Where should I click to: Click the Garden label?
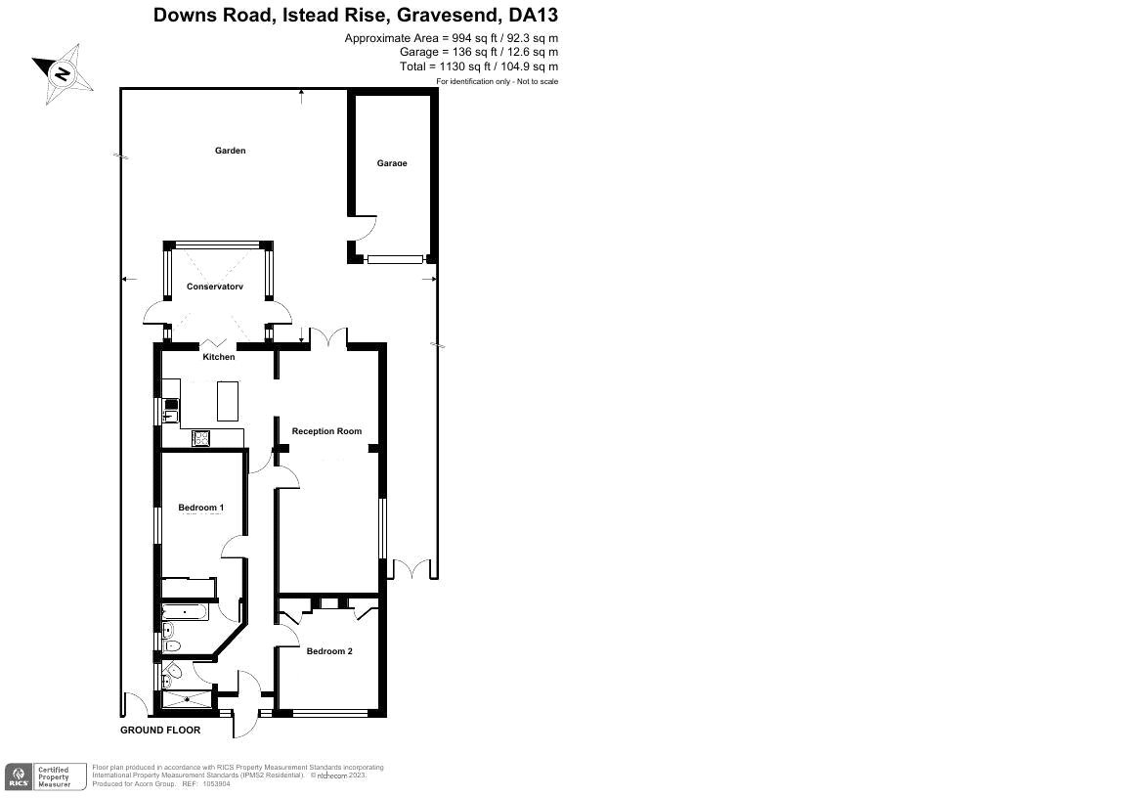pos(230,151)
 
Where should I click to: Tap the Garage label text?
pos(391,163)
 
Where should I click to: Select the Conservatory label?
pos(214,287)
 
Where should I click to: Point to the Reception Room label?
pos(326,431)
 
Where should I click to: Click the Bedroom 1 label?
pos(201,508)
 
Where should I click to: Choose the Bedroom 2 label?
pos(329,651)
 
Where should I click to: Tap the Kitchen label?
pos(219,357)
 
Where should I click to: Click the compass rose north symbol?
pos(64,74)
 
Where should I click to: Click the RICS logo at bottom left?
pos(18,776)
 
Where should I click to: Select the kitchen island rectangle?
pos(227,399)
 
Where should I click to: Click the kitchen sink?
pos(170,410)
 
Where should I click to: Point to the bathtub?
pos(184,612)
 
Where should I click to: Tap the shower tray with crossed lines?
pos(186,698)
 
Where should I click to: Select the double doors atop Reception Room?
pos(328,337)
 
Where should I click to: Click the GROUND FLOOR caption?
pos(160,731)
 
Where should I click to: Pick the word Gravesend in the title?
pos(450,16)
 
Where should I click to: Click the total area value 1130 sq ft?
pos(455,66)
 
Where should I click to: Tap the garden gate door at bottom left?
pos(133,703)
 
